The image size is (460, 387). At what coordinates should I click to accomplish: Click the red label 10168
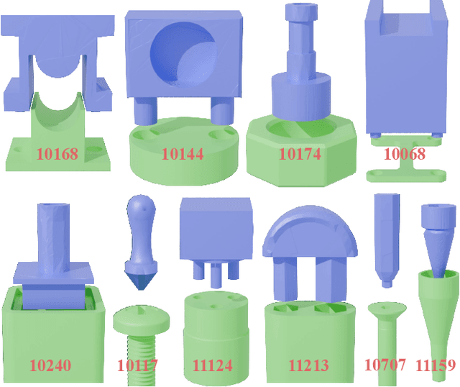[57, 154]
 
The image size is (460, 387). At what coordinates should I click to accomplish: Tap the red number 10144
[183, 154]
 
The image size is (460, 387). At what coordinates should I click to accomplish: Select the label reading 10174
[300, 154]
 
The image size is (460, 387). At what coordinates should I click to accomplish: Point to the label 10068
[405, 154]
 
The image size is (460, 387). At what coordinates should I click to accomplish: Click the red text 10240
[50, 365]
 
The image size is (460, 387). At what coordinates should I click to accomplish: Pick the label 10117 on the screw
[137, 365]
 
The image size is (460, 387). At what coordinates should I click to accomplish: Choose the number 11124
[213, 365]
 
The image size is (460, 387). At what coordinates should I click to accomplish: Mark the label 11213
[308, 365]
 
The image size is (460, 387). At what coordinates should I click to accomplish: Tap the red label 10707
[385, 365]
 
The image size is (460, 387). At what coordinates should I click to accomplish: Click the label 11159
[436, 365]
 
